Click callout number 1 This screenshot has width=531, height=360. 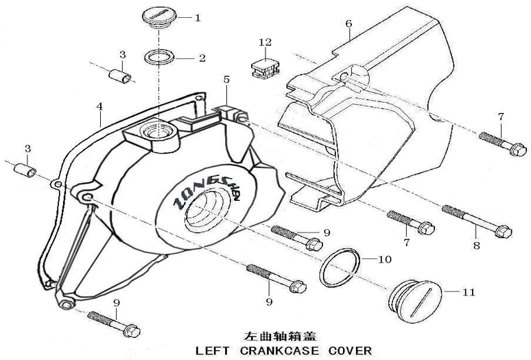tap(198, 17)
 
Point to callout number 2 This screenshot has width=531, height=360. tap(202, 58)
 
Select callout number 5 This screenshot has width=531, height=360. tap(226, 80)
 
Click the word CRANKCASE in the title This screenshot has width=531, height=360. tap(282, 350)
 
